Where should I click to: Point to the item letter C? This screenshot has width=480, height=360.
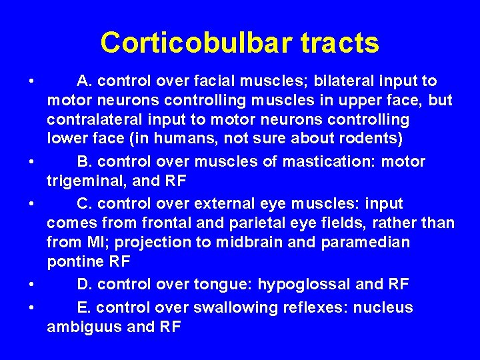pos(83,203)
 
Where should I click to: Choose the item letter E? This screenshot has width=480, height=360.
pos(83,307)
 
